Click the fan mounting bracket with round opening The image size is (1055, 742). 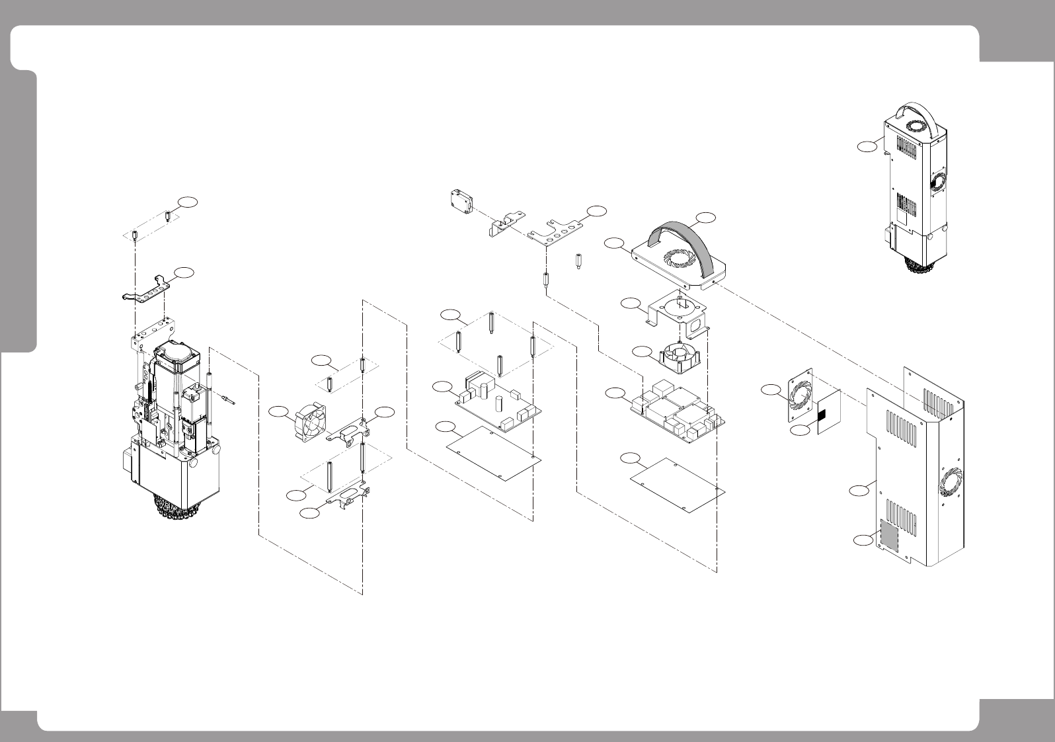point(677,310)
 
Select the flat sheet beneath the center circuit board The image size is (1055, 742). point(493,452)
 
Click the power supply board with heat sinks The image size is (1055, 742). point(679,411)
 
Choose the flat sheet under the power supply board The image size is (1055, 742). point(678,484)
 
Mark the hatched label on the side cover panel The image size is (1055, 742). point(889,536)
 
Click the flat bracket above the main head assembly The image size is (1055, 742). point(147,289)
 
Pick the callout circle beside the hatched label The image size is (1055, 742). point(860,540)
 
